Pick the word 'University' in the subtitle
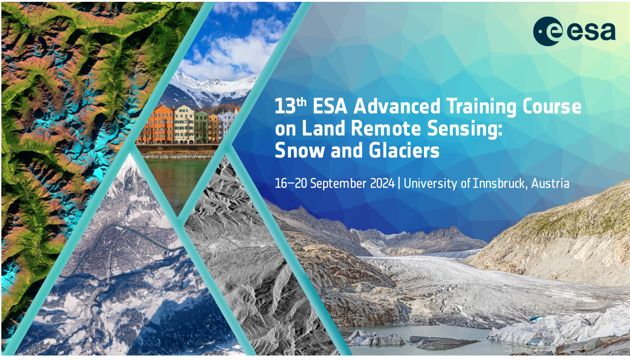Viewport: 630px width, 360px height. (431, 183)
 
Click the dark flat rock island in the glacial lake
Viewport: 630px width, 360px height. (444, 343)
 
